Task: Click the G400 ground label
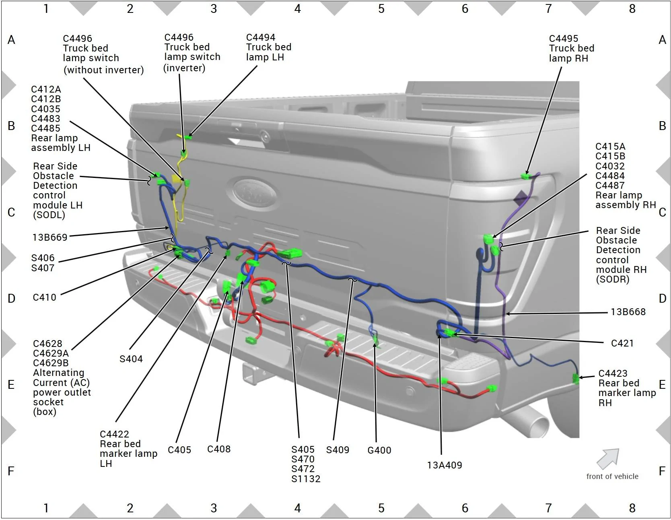(x=379, y=450)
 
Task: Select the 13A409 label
(x=444, y=465)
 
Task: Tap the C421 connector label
(x=622, y=343)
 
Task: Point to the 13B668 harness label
(x=628, y=312)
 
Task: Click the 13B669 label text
(x=49, y=237)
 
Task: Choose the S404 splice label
(x=131, y=359)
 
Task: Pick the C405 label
(x=179, y=450)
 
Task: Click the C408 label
(x=218, y=449)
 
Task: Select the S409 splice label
(x=338, y=450)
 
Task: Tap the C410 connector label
(x=44, y=297)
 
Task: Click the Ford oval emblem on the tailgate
(x=255, y=194)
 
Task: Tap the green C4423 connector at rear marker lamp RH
(x=576, y=378)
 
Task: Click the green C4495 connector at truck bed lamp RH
(x=525, y=176)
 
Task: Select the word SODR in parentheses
(x=612, y=279)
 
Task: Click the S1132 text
(x=306, y=479)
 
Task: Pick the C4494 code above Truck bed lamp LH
(x=260, y=37)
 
